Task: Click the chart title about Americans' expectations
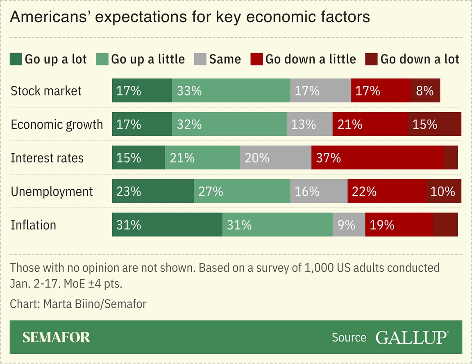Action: [190, 17]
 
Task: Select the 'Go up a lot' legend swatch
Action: [16, 59]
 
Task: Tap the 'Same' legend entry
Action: [218, 59]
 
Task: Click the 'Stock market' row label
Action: [46, 91]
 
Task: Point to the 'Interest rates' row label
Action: [47, 158]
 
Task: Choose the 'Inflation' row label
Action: [33, 225]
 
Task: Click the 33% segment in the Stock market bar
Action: [231, 91]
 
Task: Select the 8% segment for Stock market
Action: [426, 91]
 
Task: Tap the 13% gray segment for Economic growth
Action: [309, 124]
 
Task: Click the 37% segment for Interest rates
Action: [377, 158]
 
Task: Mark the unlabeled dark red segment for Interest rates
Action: [451, 158]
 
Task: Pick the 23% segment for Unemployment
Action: [153, 191]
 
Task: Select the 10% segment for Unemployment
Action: [444, 191]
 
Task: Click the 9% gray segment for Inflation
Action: [349, 225]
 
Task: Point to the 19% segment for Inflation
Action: [399, 225]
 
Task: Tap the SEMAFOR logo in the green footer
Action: [56, 337]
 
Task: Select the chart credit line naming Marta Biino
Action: [78, 304]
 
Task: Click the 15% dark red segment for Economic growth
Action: [434, 124]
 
